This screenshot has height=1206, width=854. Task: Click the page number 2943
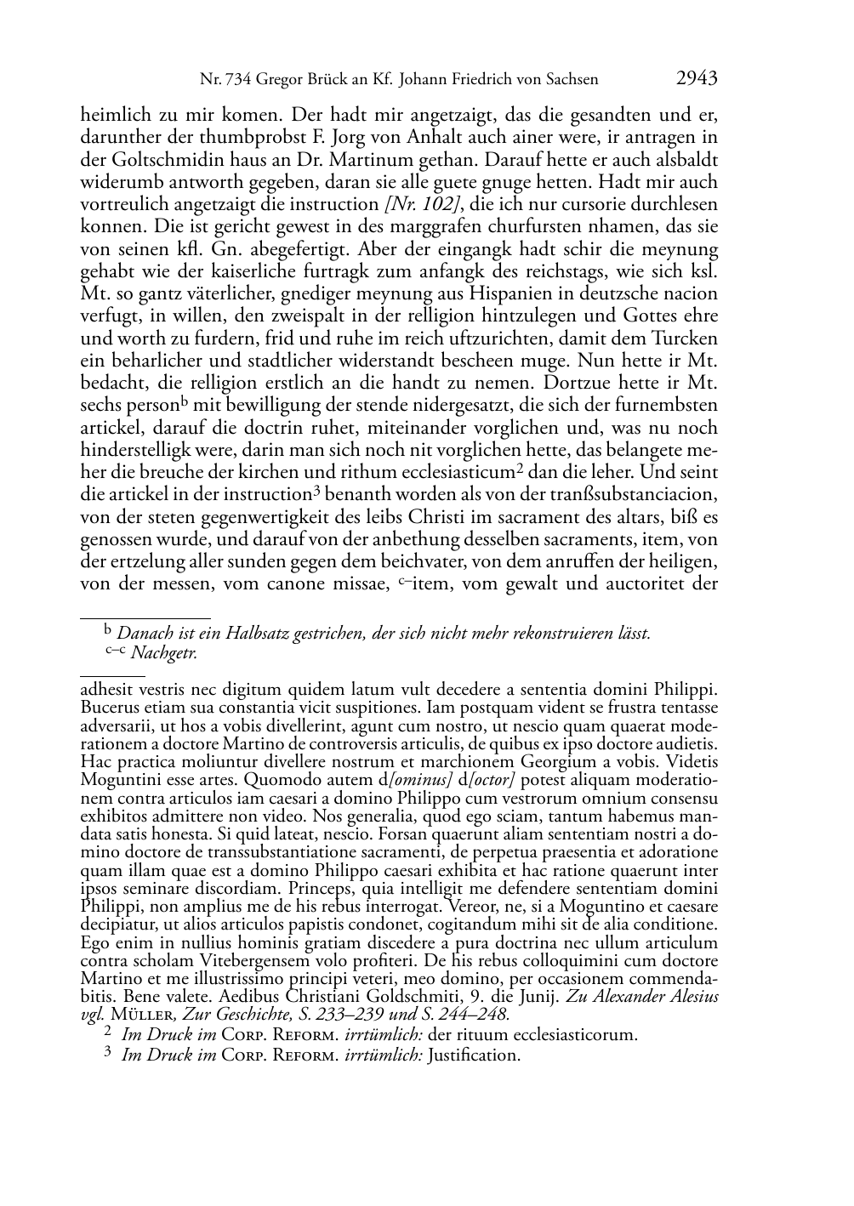[x=697, y=79]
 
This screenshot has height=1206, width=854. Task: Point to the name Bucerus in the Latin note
[x=108, y=707]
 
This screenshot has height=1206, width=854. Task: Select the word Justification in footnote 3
[x=474, y=1055]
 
